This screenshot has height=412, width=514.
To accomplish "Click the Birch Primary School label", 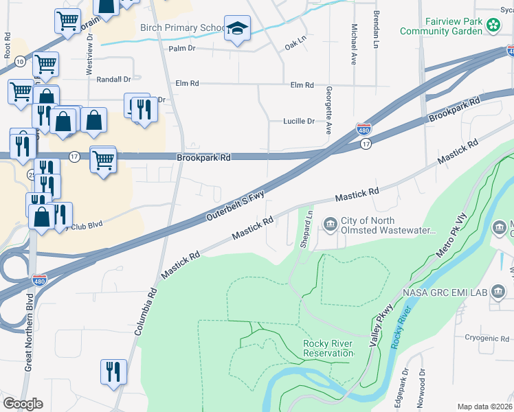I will click(x=181, y=28).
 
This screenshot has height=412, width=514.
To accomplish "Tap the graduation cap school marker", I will click(x=237, y=28).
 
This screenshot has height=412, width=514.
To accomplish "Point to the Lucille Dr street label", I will click(x=298, y=121).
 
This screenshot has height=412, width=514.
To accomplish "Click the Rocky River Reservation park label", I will click(x=328, y=348).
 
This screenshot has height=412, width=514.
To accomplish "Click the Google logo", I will click(x=23, y=404).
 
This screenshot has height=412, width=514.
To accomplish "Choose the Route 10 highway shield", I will click(x=21, y=62).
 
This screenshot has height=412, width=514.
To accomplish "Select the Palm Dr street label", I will click(x=182, y=49).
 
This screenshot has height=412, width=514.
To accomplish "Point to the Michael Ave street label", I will click(x=354, y=45).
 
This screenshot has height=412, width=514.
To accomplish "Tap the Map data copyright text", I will click(x=484, y=407).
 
